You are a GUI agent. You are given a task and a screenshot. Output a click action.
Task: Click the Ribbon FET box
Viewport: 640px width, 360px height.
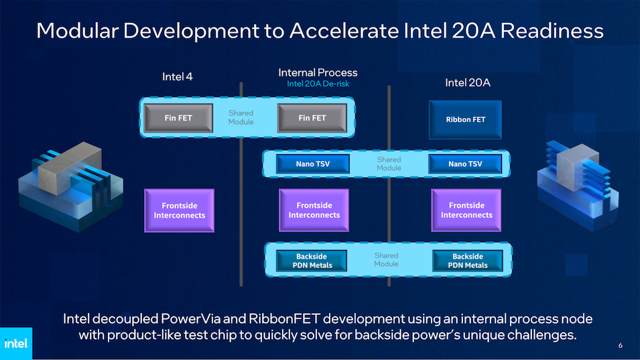click(465, 119)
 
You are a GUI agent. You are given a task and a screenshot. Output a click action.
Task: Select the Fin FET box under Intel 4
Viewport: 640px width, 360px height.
click(178, 118)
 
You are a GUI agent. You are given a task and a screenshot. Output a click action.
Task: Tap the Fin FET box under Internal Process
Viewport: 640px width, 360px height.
click(312, 118)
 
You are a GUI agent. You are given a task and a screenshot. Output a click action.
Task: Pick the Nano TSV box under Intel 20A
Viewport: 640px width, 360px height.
click(465, 164)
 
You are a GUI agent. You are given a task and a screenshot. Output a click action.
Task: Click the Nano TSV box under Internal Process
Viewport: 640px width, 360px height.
click(313, 164)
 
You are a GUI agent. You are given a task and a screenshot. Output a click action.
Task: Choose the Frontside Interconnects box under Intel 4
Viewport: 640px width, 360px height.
click(179, 211)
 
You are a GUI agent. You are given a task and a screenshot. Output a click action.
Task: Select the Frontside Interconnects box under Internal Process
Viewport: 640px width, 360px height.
click(314, 211)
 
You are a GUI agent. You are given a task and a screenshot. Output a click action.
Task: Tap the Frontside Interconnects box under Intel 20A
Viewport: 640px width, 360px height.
click(466, 211)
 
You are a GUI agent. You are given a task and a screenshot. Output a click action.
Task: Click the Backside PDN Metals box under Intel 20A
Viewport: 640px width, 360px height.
click(468, 261)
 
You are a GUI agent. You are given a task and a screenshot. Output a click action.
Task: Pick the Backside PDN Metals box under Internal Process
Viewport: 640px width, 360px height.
click(312, 261)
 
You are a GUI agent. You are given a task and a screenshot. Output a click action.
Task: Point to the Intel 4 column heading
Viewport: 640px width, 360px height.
click(177, 76)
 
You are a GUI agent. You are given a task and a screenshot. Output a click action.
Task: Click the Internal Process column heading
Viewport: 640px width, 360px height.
click(318, 72)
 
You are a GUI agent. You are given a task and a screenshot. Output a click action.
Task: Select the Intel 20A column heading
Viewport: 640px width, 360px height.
click(468, 83)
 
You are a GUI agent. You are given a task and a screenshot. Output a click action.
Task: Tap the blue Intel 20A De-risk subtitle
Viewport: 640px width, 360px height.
click(318, 84)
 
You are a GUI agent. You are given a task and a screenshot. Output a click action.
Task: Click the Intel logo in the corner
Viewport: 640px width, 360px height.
click(16, 343)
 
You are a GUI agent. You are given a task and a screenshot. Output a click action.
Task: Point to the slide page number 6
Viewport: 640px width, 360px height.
click(621, 345)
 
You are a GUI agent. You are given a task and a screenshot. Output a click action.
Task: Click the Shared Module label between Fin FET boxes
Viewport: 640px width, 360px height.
click(241, 117)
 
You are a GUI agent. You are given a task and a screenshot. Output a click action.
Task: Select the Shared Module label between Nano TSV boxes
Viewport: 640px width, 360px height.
click(389, 164)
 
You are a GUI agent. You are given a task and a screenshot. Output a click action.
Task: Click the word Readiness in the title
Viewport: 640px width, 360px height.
click(552, 31)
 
